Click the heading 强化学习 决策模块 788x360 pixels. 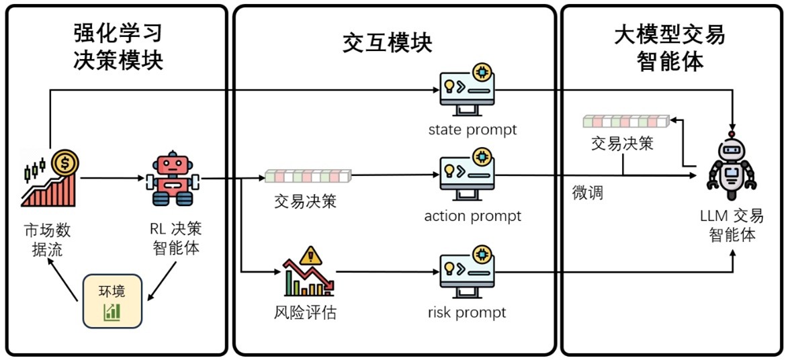coord(118,46)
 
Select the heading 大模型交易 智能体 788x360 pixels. coord(670,46)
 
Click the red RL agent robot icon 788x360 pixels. coord(173,178)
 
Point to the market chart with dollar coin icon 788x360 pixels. coord(51,177)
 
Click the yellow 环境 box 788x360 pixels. coord(112,301)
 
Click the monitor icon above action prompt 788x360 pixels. coord(468,175)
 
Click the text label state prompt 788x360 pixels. coord(473,129)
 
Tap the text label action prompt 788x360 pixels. coord(472,216)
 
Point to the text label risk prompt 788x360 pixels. coord(466,312)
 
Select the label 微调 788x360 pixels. coord(587,193)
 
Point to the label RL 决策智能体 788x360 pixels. coord(174,239)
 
